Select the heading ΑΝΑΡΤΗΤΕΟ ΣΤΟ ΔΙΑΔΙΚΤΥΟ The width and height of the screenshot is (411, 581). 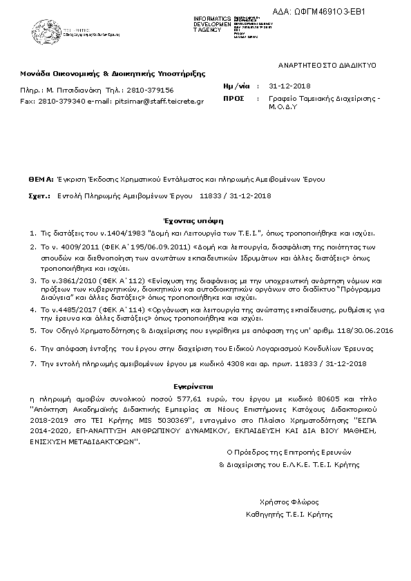point(327,64)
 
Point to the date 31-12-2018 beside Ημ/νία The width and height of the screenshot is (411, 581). point(290,85)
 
